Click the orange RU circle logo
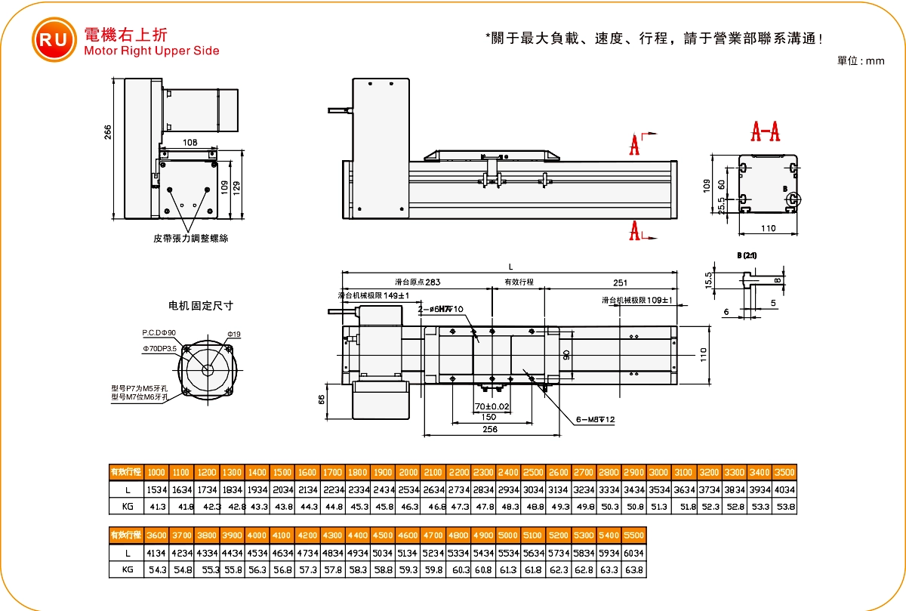click(x=53, y=40)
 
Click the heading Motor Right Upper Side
click(x=152, y=51)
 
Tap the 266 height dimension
click(x=107, y=132)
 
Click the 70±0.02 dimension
click(x=492, y=406)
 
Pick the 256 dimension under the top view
click(x=489, y=428)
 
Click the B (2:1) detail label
click(x=747, y=255)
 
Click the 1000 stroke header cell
click(x=156, y=472)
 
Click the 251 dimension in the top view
click(x=620, y=282)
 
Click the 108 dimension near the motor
click(x=191, y=141)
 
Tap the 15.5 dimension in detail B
click(x=709, y=280)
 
